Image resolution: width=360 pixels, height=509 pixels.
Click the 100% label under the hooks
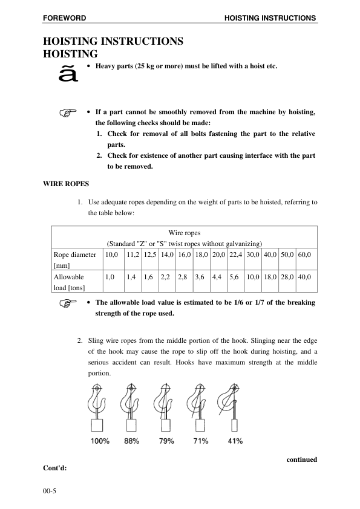[x=100, y=441]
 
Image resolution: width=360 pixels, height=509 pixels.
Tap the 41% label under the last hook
[x=235, y=441]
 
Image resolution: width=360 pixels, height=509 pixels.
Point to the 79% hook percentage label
[x=166, y=441]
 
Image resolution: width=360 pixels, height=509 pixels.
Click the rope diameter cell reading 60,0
[x=304, y=255]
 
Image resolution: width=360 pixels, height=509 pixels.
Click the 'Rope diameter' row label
[x=74, y=255]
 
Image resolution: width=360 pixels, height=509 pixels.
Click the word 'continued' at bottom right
[x=301, y=459]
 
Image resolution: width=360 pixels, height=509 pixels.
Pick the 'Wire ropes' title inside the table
[x=184, y=233]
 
